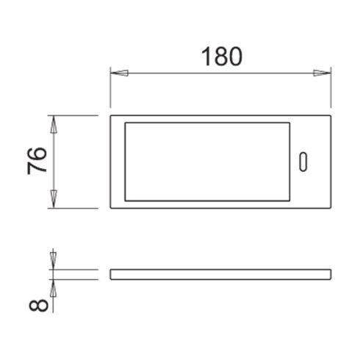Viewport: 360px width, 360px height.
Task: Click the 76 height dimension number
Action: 37,161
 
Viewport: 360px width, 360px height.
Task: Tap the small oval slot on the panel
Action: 304,161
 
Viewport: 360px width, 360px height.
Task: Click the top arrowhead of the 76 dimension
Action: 54,126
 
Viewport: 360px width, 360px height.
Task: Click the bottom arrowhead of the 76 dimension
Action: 54,198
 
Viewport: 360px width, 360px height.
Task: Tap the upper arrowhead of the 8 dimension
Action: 54,259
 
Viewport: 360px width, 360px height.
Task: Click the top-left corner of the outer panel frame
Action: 111,116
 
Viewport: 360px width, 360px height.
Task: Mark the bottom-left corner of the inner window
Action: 126,200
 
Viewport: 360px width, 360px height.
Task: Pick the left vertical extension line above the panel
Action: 110,92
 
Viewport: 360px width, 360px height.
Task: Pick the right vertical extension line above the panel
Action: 328,92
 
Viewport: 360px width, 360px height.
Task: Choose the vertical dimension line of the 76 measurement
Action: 54,162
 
